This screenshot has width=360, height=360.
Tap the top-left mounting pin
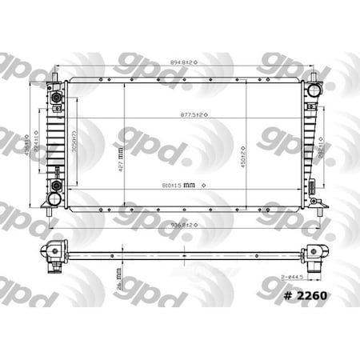(55, 78)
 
